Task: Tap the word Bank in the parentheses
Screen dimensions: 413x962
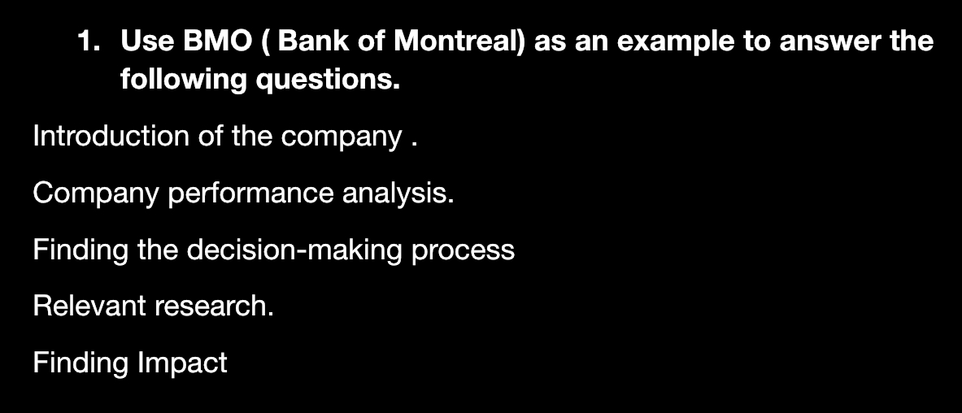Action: point(316,41)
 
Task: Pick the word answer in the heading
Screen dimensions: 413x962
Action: point(828,41)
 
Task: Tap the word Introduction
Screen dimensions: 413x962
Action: point(110,136)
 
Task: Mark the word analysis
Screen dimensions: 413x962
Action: point(398,193)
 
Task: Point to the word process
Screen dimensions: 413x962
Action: point(463,250)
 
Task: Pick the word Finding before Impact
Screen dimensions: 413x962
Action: point(80,363)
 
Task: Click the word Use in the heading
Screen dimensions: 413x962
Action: point(146,41)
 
